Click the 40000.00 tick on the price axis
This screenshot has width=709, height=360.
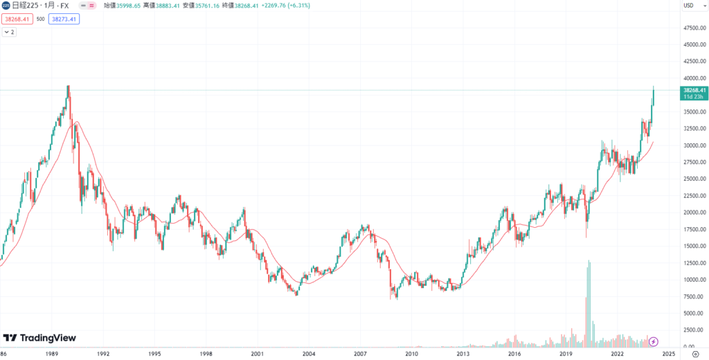(693, 78)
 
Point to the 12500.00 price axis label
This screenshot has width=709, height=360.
(693, 262)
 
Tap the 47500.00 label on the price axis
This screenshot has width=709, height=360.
(693, 28)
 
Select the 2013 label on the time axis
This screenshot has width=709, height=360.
(463, 353)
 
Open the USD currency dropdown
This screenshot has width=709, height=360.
(692, 6)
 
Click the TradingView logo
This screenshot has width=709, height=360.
(39, 338)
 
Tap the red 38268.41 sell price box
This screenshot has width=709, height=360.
(17, 19)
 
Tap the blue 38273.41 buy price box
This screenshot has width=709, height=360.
(63, 19)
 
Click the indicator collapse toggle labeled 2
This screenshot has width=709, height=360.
(9, 32)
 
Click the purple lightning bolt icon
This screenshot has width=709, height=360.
(654, 341)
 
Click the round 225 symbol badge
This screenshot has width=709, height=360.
(6, 6)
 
